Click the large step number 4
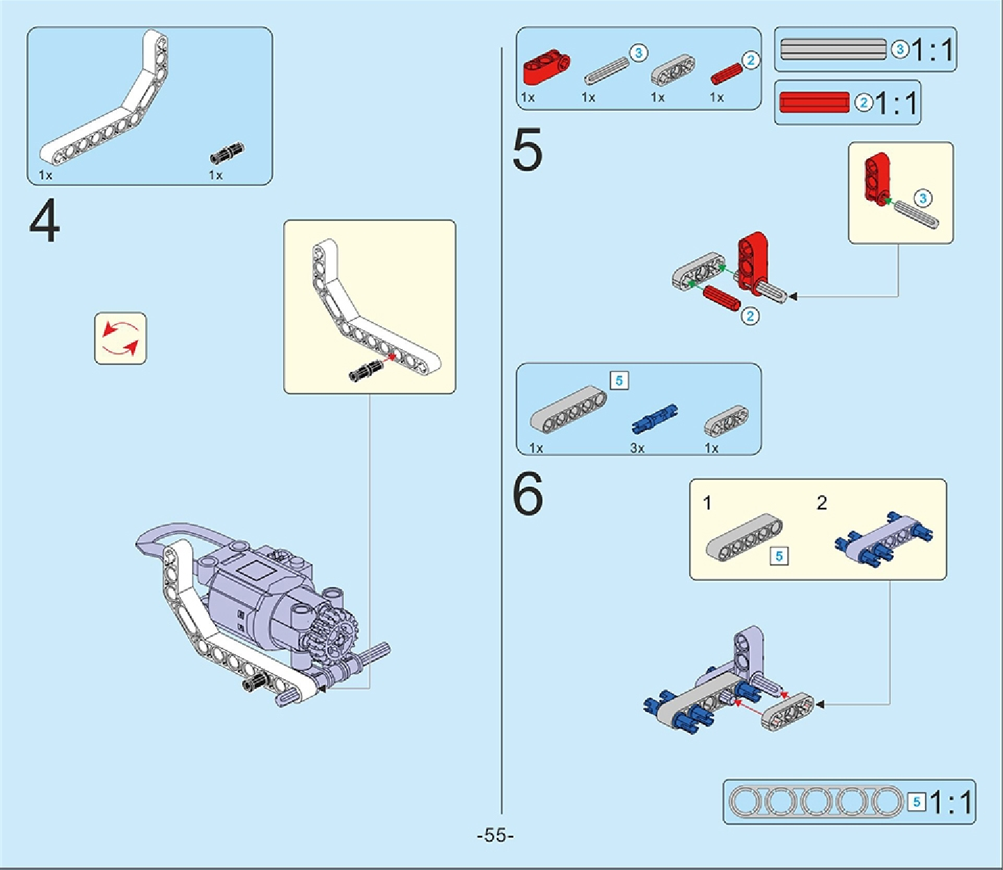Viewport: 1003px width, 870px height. (45, 222)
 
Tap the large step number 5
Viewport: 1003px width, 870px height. (527, 150)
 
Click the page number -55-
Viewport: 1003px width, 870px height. (495, 835)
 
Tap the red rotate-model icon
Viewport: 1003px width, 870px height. (120, 339)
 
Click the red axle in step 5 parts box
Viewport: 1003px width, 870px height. (726, 72)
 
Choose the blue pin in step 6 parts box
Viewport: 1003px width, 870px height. (654, 417)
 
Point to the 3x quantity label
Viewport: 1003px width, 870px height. (637, 448)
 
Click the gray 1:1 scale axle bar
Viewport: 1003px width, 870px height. (833, 49)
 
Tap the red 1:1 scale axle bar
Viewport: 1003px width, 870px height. (814, 102)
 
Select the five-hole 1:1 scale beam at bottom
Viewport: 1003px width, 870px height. (815, 802)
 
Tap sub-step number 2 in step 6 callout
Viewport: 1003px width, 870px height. (822, 503)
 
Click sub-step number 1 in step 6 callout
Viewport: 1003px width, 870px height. (707, 503)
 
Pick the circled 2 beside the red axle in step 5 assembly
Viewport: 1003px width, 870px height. (750, 316)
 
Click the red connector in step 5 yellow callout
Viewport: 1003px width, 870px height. (877, 178)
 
